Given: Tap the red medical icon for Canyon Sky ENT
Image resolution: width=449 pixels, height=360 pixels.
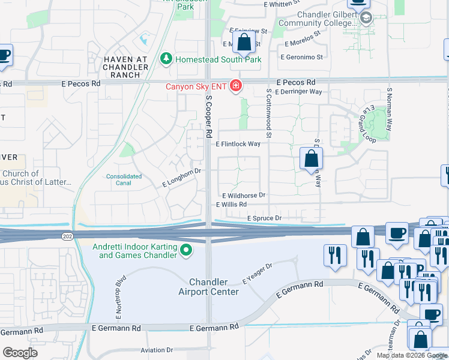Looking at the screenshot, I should (x=236, y=87).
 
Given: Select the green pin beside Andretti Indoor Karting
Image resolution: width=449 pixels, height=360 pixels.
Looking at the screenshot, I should (x=186, y=250).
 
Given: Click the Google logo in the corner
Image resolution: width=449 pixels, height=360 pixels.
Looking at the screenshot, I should (x=20, y=353).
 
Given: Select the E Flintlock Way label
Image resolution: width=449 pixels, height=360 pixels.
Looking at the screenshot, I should (x=238, y=144).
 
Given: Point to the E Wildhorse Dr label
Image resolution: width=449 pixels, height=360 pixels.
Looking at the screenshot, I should (x=244, y=196).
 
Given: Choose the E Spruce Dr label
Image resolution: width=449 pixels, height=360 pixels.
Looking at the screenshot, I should (x=264, y=218).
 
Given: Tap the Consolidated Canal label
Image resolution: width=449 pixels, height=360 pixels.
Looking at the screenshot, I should (x=124, y=180).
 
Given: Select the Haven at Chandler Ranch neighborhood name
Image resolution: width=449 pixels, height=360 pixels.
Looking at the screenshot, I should (x=126, y=67).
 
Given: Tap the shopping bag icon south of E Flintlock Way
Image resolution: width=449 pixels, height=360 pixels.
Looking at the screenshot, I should (x=311, y=160).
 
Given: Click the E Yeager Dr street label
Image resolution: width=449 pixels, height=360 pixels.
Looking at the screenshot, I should (x=258, y=273).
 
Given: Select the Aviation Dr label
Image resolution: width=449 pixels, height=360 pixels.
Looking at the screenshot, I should (x=156, y=350).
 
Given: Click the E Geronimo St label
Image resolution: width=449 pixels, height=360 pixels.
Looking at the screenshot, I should (x=302, y=57).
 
